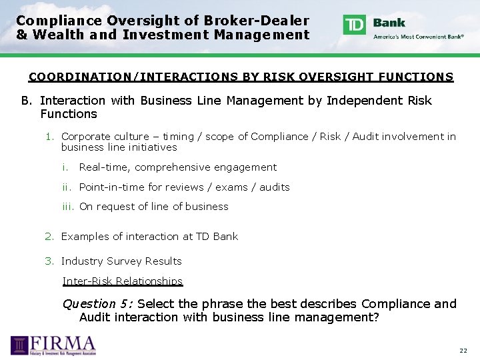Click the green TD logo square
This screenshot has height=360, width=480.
355,25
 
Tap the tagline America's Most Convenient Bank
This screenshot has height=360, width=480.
419,37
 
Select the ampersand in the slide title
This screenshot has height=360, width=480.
22,35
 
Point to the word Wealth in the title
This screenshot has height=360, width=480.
52,35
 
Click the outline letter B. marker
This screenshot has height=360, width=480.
27,101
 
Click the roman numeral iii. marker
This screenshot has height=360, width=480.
69,207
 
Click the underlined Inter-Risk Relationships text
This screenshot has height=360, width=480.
123,281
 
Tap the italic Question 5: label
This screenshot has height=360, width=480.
97,304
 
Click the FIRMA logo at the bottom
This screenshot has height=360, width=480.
53,345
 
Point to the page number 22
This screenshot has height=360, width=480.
463,351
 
